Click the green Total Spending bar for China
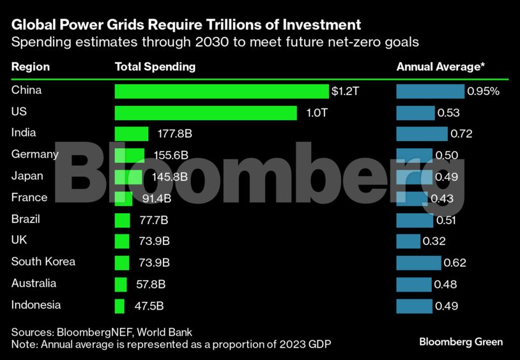tap(221, 91)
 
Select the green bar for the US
tap(206, 113)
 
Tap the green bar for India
tap(131, 134)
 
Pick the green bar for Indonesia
tap(119, 306)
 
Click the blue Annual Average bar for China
tap(430, 91)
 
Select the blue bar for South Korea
tap(418, 263)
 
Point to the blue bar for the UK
tap(408, 241)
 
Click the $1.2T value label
tap(346, 91)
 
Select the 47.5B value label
tap(149, 306)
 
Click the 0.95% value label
tap(483, 91)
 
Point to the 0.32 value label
tap(434, 241)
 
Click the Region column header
tap(30, 66)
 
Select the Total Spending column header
tap(155, 66)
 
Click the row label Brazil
tap(26, 219)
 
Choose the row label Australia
tap(34, 283)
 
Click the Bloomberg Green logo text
tap(461, 341)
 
